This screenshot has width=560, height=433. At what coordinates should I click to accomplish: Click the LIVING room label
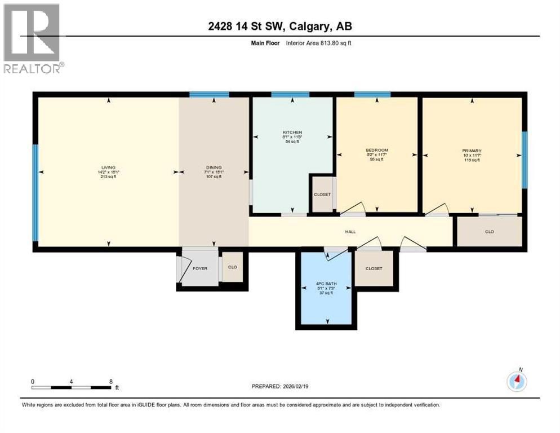click(108, 167)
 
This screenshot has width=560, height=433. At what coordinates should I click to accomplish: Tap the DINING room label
click(214, 167)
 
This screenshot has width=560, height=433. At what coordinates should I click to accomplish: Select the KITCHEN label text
click(292, 132)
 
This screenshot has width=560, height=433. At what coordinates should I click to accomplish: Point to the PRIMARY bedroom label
click(472, 151)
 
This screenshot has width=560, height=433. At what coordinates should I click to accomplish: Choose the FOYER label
click(200, 268)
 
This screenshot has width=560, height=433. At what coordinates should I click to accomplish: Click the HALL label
click(350, 232)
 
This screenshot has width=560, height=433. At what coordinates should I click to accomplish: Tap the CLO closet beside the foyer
click(232, 268)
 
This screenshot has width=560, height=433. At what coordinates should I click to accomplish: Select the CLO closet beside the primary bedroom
click(489, 232)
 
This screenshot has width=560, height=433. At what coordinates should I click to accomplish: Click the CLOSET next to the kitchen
click(322, 195)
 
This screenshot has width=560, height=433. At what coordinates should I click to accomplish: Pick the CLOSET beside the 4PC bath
click(374, 268)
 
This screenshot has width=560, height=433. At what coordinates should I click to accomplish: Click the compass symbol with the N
click(517, 382)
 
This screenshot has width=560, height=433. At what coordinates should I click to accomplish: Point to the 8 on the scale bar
click(110, 381)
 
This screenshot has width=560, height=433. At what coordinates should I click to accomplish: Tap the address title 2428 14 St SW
click(279, 26)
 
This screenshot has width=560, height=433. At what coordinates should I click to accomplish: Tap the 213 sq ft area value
click(108, 177)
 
